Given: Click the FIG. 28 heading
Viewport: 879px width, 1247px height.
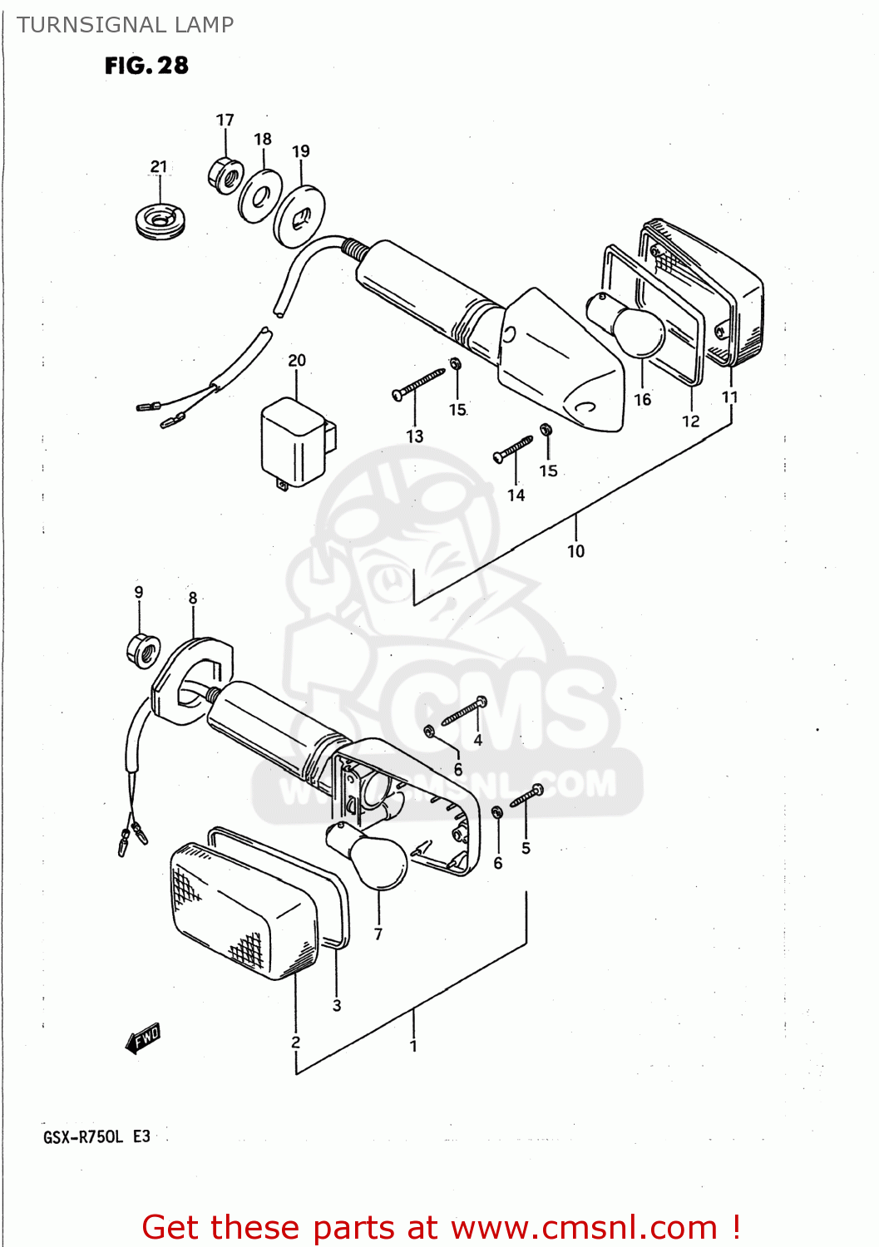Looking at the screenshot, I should click(146, 66).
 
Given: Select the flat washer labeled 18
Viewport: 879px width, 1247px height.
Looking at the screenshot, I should click(259, 196).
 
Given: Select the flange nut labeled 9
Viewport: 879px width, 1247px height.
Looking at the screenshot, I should click(141, 648).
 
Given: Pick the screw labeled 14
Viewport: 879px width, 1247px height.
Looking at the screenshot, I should click(513, 449).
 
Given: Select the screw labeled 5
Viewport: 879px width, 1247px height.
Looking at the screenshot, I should click(526, 796).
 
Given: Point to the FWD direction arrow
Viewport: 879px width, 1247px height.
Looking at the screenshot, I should click(142, 1038).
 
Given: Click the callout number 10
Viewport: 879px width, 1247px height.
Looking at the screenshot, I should click(575, 551).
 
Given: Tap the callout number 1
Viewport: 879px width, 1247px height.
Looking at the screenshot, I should click(413, 1047).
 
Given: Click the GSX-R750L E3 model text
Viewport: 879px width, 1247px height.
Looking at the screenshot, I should click(96, 1136).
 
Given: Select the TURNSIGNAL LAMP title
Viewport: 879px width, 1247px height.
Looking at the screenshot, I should click(125, 25).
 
